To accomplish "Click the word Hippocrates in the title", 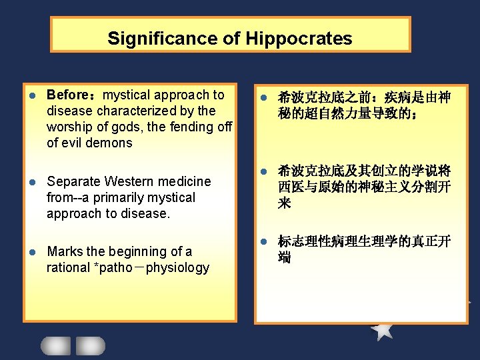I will click(299, 39).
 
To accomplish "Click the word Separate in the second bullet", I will click(72, 181).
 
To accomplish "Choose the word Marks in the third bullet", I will click(65, 251).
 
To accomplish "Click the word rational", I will click(68, 267).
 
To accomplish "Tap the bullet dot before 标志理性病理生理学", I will click(263, 241).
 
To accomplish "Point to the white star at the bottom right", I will click(382, 329).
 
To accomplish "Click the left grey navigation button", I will click(55, 345).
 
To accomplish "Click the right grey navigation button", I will click(90, 345).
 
